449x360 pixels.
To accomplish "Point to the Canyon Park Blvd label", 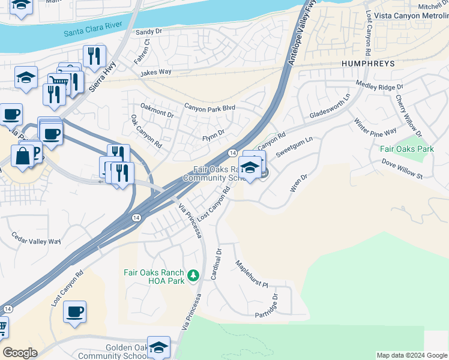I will [x=209, y=107].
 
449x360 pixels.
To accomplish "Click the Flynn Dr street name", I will [x=212, y=132].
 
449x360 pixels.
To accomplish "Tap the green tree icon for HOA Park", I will [x=193, y=275].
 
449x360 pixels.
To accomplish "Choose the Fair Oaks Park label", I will [x=406, y=148].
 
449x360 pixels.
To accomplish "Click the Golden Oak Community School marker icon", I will [x=158, y=347].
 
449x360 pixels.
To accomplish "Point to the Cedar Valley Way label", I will [x=34, y=241].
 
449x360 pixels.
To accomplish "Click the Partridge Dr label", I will [x=267, y=306].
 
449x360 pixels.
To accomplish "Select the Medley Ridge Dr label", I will [x=379, y=87].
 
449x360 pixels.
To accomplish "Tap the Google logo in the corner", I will [x=19, y=353].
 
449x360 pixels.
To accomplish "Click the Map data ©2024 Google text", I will [x=411, y=355].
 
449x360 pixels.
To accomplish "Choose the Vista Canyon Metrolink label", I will [x=411, y=15].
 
